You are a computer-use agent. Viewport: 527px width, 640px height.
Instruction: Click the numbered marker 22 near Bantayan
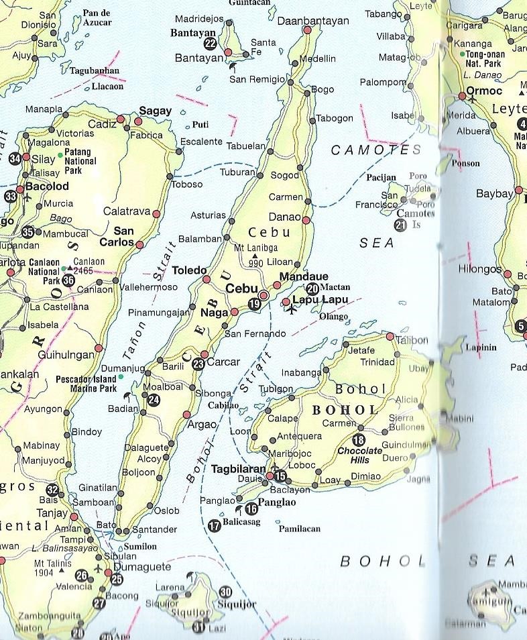pyautogui.click(x=211, y=44)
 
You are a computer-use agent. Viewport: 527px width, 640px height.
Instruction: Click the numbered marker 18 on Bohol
pyautogui.click(x=359, y=440)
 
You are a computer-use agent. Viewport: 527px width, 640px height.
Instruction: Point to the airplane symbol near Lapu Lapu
pyautogui.click(x=291, y=311)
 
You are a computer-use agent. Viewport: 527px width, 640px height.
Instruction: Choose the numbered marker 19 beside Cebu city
pyautogui.click(x=254, y=305)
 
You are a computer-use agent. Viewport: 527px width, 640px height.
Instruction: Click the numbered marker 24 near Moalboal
pyautogui.click(x=154, y=401)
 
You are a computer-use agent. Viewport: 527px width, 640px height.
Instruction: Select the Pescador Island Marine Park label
pyautogui.click(x=86, y=383)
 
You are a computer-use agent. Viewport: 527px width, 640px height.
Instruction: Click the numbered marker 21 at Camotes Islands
pyautogui.click(x=400, y=225)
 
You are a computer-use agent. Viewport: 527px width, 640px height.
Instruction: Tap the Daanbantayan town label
pyautogui.click(x=306, y=20)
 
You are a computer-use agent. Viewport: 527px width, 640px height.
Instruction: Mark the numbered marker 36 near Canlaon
pyautogui.click(x=68, y=280)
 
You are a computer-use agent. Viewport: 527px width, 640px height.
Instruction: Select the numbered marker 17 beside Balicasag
pyautogui.click(x=214, y=526)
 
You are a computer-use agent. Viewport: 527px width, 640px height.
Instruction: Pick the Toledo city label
pyautogui.click(x=190, y=270)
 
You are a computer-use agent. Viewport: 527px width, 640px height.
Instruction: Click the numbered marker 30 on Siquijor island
pyautogui.click(x=225, y=592)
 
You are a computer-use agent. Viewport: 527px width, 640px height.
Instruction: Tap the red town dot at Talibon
pyautogui.click(x=390, y=336)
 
